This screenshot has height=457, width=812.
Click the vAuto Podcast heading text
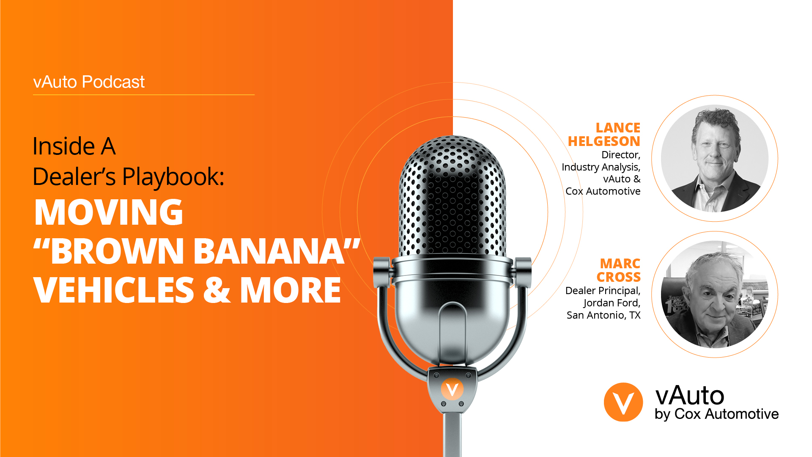pos(89,82)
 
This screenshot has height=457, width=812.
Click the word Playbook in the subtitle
pos(173,177)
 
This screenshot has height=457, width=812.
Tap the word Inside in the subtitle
pos(63,146)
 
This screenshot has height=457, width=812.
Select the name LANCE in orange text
pos(618,128)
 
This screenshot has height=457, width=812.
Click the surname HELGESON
pos(604,141)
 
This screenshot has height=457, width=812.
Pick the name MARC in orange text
pos(620,264)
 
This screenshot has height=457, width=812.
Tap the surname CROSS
pos(618,277)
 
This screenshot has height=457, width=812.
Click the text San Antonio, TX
pos(604,315)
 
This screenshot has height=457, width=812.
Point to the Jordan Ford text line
pos(612,303)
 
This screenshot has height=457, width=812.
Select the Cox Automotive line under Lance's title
pos(603,191)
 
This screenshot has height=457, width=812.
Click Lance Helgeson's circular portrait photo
pos(715,158)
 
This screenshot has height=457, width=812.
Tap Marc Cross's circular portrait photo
pos(715,295)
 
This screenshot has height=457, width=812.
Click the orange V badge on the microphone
pos(452,389)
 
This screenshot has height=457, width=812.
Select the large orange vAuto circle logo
pos(623,402)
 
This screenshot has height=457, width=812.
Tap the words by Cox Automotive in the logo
pos(716,414)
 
